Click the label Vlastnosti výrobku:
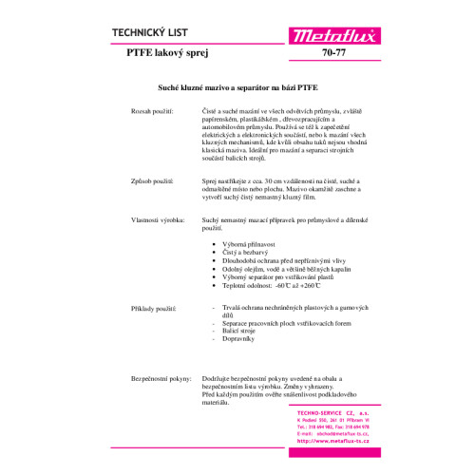pyautogui.click(x=160, y=220)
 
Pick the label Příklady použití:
pyautogui.click(x=156, y=309)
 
